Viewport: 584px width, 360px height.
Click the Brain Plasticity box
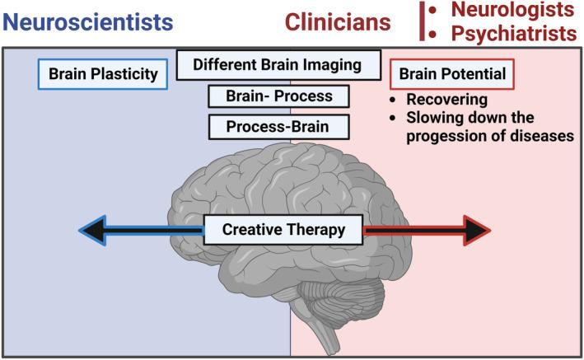point(103,75)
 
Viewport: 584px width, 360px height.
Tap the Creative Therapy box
point(285,230)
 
